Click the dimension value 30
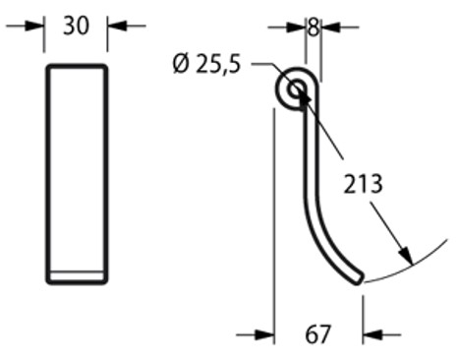coord(76,26)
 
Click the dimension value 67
coord(317,335)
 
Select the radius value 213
coord(364,183)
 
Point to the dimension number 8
coord(313,27)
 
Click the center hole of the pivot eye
coord(296,91)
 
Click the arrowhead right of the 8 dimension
coord(327,27)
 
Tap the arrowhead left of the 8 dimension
coord(294,27)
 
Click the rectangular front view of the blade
coord(77,172)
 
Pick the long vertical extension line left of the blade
coord(272,216)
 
